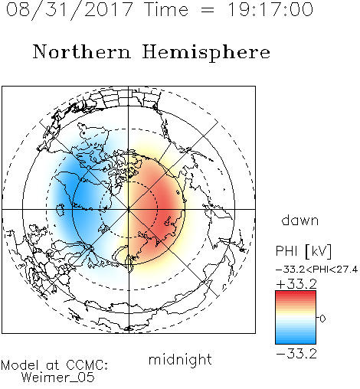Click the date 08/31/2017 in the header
click(69, 9)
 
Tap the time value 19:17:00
click(270, 9)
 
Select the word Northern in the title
click(82, 52)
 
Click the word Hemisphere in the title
click(206, 53)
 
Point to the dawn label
click(300, 220)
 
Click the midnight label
click(180, 359)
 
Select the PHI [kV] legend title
click(304, 251)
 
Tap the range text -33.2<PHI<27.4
click(317, 270)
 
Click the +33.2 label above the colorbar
click(296, 284)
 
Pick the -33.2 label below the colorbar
click(296, 354)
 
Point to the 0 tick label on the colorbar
click(322, 319)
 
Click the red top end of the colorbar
click(296, 293)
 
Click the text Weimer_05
click(58, 378)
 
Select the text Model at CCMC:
click(54, 365)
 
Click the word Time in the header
click(166, 9)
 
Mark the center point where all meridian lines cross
click(129, 209)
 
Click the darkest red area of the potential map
click(167, 207)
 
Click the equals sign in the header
click(208, 10)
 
